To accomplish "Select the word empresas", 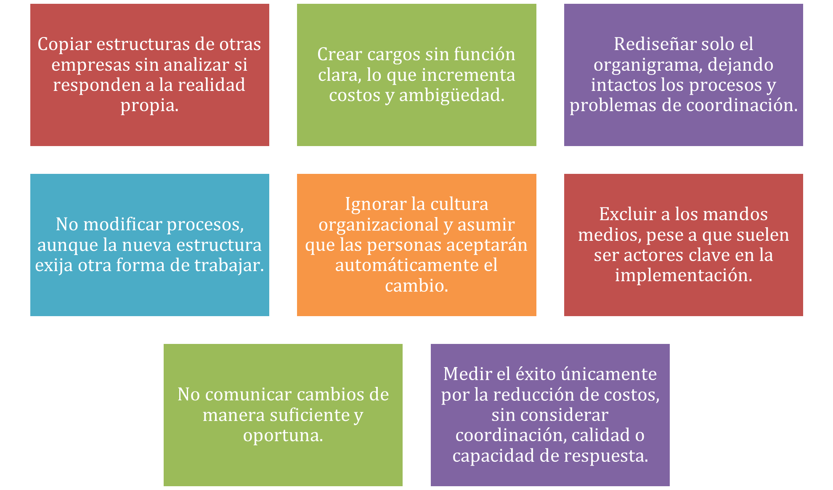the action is [90, 65].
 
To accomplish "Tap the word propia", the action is [149, 106].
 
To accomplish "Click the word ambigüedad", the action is [451, 96].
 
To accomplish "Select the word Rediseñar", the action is [653, 44].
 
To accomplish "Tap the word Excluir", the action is [628, 214].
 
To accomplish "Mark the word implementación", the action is [684, 276].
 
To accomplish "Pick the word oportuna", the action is [283, 436].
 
